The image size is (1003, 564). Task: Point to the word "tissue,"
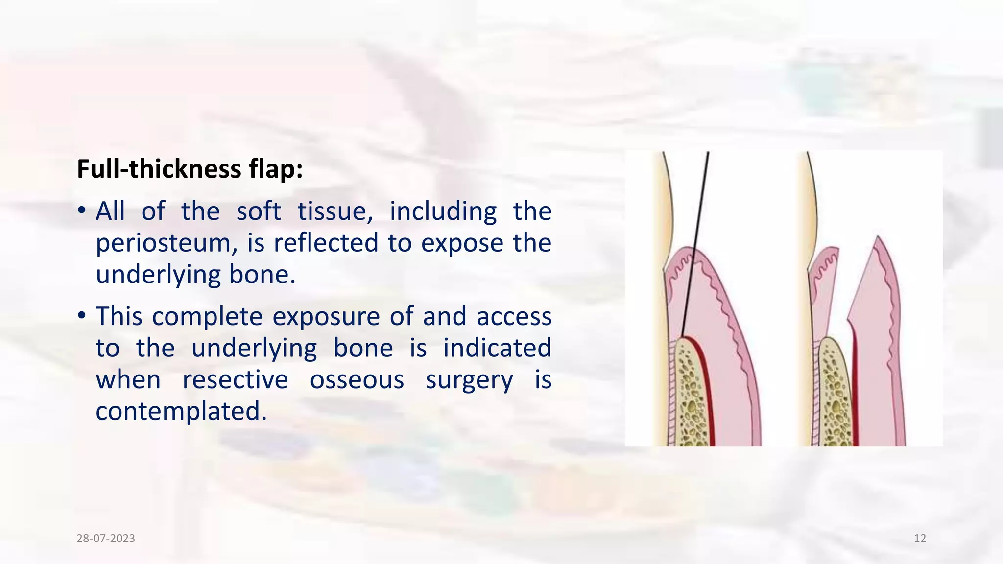[x=335, y=211]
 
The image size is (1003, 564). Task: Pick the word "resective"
[x=235, y=380]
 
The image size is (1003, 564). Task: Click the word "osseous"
[x=357, y=380]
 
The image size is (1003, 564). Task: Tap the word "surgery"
[x=469, y=380]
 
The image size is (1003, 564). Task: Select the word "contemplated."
[x=181, y=411]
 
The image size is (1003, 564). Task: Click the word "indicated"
[x=497, y=348]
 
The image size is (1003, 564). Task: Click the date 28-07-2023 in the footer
[x=106, y=539]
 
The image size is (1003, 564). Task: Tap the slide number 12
[x=920, y=539]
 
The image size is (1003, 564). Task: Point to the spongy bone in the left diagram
[x=691, y=392]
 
